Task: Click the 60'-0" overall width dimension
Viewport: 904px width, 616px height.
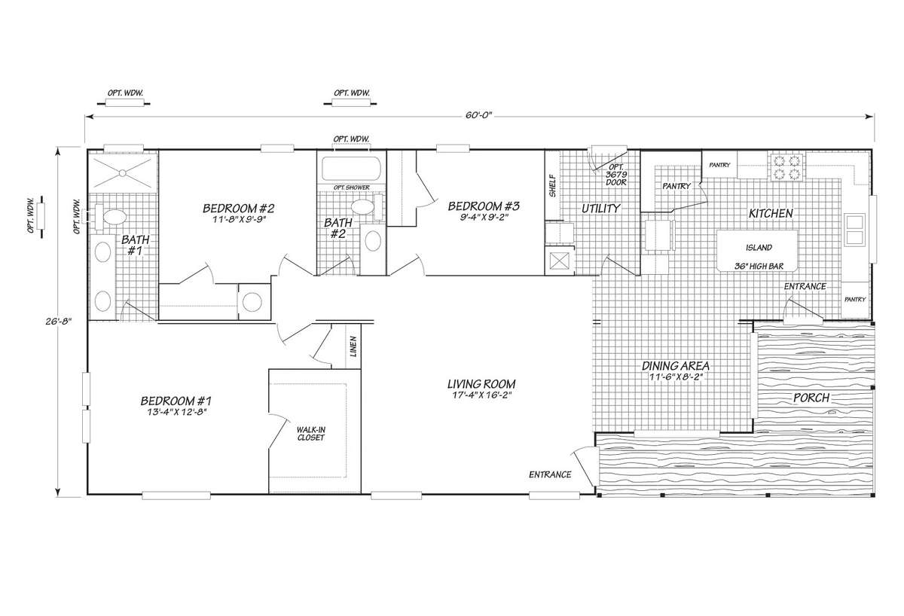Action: tap(478, 116)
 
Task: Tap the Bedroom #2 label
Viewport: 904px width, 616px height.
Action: tap(239, 209)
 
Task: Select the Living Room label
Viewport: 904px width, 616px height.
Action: tap(481, 383)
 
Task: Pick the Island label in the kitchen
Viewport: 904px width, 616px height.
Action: tap(759, 247)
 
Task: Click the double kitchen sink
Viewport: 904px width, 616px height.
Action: tap(855, 230)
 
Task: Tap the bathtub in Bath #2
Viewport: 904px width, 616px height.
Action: tap(351, 169)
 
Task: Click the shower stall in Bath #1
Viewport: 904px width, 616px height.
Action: tap(123, 172)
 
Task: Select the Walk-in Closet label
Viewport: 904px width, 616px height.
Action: tap(310, 434)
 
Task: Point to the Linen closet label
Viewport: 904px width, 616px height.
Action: tap(353, 347)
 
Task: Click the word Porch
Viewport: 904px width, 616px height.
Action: tap(811, 398)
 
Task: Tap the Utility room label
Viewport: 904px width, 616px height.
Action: tap(601, 209)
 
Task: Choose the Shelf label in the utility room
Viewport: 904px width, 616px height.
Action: tap(552, 186)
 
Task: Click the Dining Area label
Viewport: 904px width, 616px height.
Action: tap(676, 366)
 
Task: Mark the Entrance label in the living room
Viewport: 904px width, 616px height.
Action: tap(550, 475)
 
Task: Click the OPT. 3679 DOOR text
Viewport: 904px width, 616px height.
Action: tap(616, 175)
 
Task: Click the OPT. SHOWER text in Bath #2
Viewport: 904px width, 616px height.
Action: tap(352, 188)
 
